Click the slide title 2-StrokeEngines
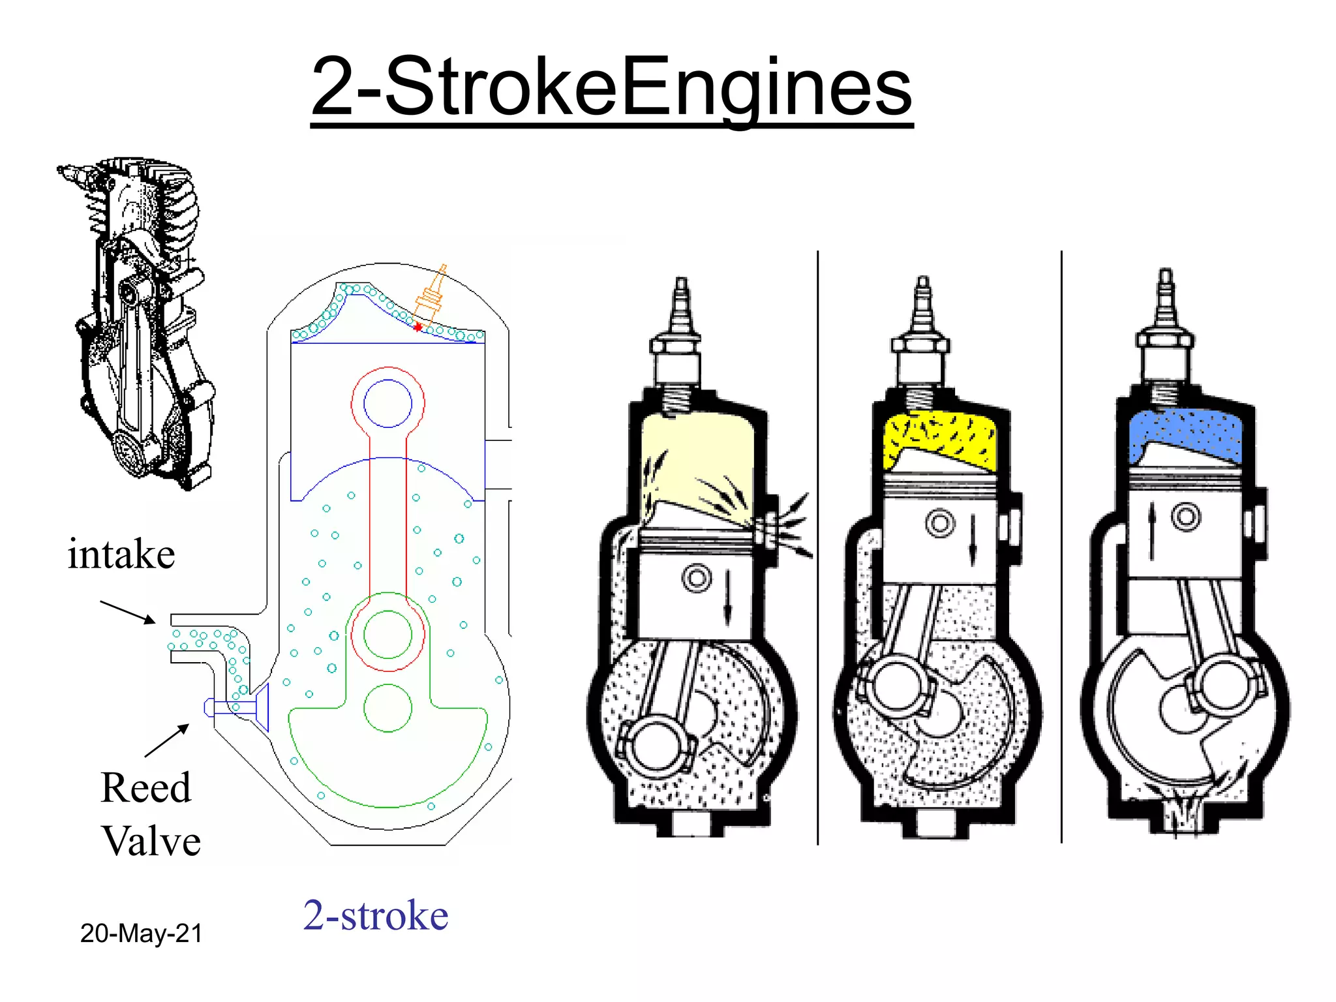[x=611, y=88]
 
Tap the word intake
[x=121, y=555]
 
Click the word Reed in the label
[x=146, y=788]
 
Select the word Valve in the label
[x=151, y=842]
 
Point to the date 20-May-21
[x=141, y=934]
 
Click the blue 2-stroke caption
[x=376, y=915]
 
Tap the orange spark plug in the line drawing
[x=431, y=297]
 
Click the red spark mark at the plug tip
[x=417, y=327]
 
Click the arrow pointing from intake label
[x=128, y=612]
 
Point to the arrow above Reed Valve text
[x=167, y=741]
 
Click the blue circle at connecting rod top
[x=387, y=403]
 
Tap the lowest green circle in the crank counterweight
[x=387, y=708]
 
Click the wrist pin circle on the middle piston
[x=940, y=523]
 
